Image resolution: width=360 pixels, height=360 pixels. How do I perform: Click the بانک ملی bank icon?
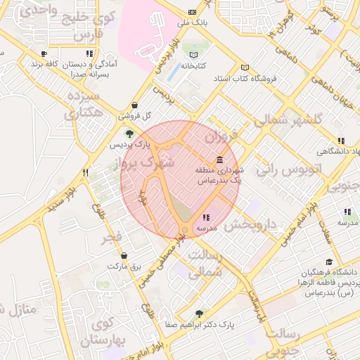(x=193, y=13)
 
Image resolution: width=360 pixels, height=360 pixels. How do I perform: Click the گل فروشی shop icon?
(x=134, y=105)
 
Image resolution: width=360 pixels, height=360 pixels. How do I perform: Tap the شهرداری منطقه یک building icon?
(x=220, y=160)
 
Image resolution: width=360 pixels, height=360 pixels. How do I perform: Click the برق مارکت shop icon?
(x=124, y=256)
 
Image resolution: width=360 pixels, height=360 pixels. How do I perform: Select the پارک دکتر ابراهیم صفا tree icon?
(x=199, y=314)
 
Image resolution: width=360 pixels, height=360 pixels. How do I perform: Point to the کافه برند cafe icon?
(x=44, y=53)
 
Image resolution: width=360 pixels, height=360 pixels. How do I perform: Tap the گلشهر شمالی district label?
(x=288, y=120)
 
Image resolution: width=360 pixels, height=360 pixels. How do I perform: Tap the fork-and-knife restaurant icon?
(x=86, y=172)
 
